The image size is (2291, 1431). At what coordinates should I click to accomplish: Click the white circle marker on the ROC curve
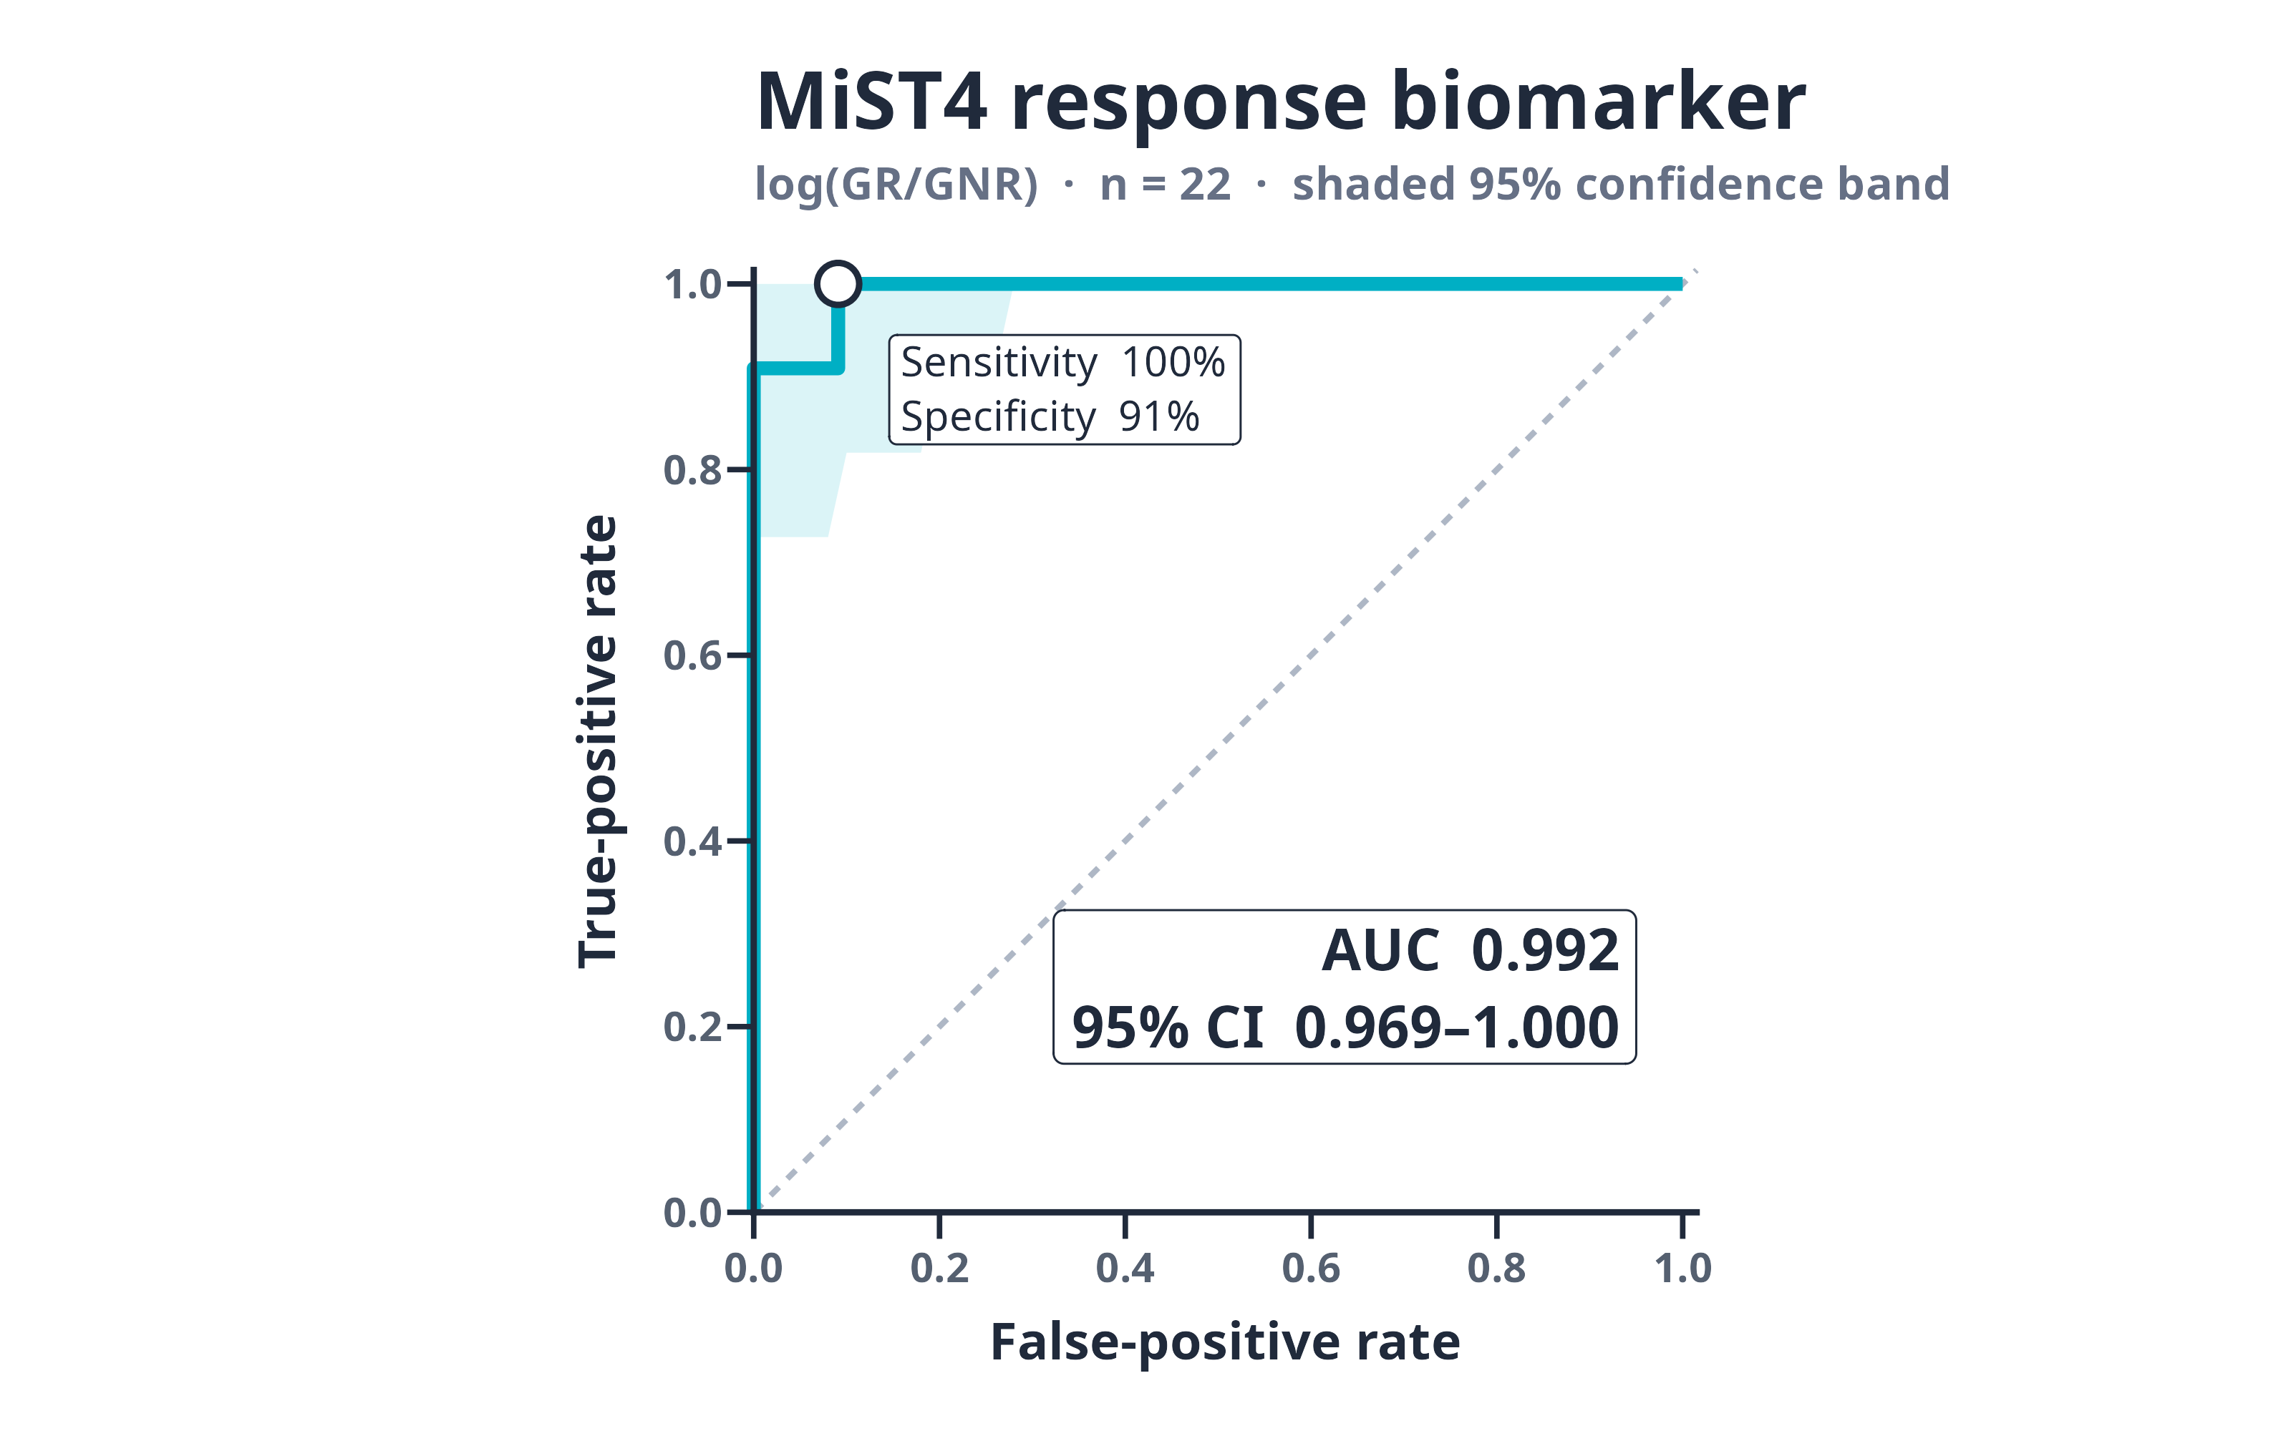pyautogui.click(x=838, y=284)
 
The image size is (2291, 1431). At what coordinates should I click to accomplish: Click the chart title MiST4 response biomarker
pyautogui.click(x=1281, y=102)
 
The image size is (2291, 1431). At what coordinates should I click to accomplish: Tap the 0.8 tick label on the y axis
pyautogui.click(x=693, y=470)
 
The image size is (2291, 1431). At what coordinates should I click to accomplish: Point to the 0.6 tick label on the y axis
pyautogui.click(x=693, y=656)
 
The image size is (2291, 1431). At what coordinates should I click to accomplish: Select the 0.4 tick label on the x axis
pyautogui.click(x=1125, y=1268)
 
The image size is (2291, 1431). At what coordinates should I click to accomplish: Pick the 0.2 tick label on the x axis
pyautogui.click(x=939, y=1268)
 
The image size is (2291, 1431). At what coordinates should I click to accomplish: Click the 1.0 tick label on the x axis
pyautogui.click(x=1682, y=1268)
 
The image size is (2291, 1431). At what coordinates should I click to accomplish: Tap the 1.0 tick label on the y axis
pyautogui.click(x=693, y=285)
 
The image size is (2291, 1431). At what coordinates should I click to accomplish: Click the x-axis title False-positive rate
pyautogui.click(x=1225, y=1342)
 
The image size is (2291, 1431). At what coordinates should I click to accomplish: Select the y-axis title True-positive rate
pyautogui.click(x=599, y=742)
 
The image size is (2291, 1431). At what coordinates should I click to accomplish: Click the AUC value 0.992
pyautogui.click(x=1546, y=950)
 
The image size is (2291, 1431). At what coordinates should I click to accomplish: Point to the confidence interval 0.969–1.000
pyautogui.click(x=1457, y=1028)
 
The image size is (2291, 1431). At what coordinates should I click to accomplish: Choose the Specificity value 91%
pyautogui.click(x=1159, y=416)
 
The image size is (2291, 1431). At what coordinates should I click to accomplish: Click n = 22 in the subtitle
pyautogui.click(x=1166, y=184)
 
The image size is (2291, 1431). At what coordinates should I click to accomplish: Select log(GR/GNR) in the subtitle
pyautogui.click(x=896, y=185)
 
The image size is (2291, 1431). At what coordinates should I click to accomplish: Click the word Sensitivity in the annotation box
pyautogui.click(x=999, y=363)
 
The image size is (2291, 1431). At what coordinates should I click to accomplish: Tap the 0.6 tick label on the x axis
pyautogui.click(x=1310, y=1268)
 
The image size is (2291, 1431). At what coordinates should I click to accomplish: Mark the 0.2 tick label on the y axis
pyautogui.click(x=693, y=1027)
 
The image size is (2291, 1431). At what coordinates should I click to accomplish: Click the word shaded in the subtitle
pyautogui.click(x=1372, y=184)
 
